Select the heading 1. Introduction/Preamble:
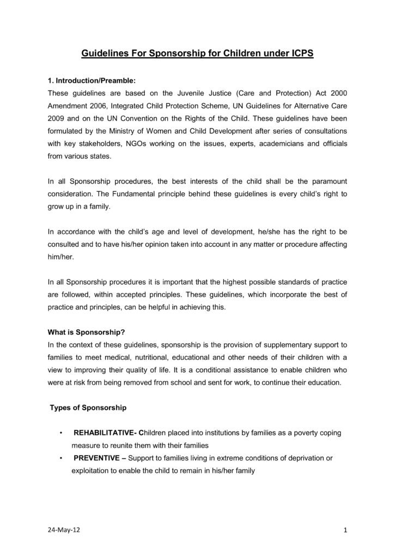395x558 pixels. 88,81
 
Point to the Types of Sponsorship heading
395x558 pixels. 88,408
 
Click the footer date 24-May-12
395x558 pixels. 62,530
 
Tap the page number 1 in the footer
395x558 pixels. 346,530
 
